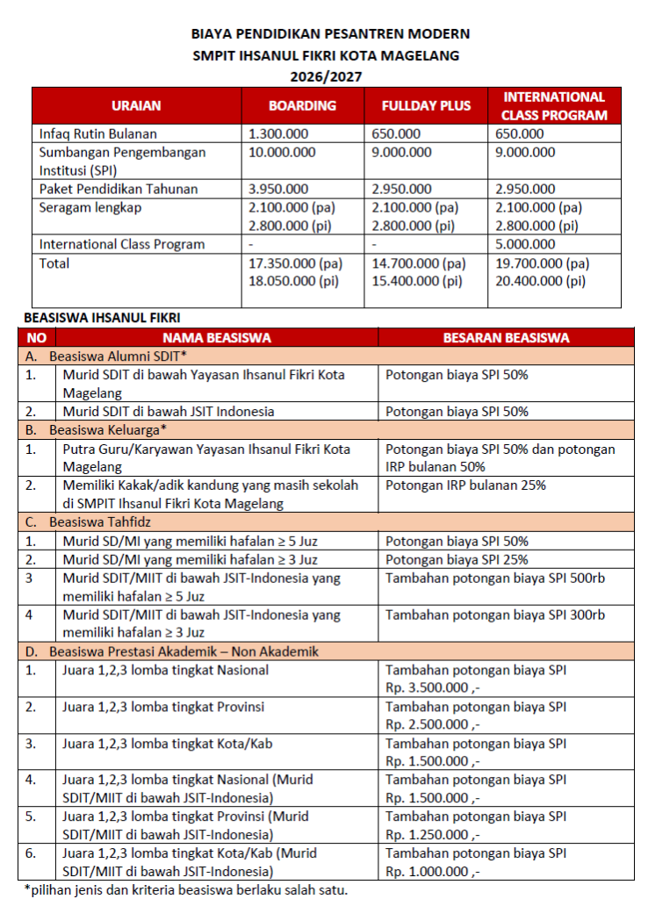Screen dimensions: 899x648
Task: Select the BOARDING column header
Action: (302, 105)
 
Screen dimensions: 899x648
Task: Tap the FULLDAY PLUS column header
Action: (426, 105)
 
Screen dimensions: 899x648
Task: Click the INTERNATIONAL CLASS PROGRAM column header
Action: (553, 105)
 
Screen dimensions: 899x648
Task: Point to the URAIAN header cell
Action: (136, 105)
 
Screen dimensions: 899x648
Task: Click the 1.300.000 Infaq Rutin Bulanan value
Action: (278, 134)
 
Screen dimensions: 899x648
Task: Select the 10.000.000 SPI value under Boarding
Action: (282, 153)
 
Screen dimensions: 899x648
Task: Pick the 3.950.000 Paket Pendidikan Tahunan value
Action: (278, 189)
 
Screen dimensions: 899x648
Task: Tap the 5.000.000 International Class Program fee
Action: (525, 245)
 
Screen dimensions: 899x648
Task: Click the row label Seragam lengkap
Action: (90, 208)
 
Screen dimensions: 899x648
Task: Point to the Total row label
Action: (54, 263)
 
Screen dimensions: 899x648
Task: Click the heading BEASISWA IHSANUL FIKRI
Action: (103, 317)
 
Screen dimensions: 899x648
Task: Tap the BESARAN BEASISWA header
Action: (506, 337)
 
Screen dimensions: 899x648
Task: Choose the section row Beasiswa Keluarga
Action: (99, 429)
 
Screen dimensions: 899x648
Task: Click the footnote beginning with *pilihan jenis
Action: (185, 889)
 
